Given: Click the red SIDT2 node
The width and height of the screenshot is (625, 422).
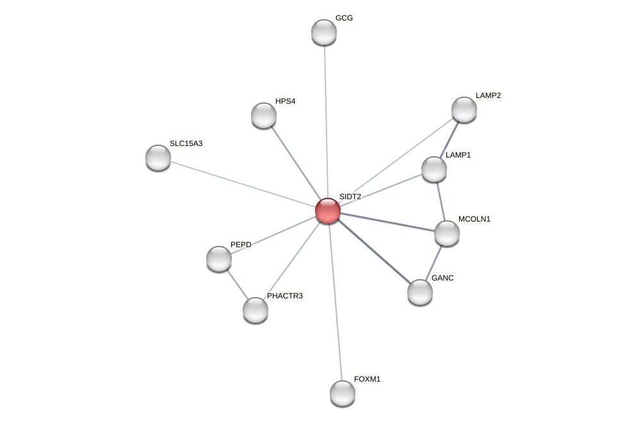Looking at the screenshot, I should click(x=328, y=211).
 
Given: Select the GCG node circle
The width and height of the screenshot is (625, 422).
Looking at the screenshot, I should click(x=324, y=32).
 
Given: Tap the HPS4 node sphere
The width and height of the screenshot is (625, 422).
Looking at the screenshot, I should click(x=264, y=115).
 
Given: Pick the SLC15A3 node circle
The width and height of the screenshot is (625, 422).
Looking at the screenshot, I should click(x=158, y=158).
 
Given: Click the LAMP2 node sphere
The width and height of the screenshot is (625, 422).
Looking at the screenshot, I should click(x=464, y=110).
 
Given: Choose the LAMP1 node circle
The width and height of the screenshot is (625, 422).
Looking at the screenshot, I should click(x=434, y=169).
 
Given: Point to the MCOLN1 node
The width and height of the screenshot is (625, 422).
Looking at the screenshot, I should click(x=447, y=233).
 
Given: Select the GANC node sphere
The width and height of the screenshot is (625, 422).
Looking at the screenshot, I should click(x=420, y=292).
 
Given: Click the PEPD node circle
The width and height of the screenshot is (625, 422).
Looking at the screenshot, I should click(x=219, y=259).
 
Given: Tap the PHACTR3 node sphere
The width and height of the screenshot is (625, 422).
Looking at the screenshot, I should click(x=256, y=310).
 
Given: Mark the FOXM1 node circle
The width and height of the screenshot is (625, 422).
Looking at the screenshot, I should click(x=343, y=393).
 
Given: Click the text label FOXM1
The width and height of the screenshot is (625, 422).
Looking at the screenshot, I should click(x=367, y=379).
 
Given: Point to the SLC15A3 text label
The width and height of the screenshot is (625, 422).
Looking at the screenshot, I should click(x=186, y=143).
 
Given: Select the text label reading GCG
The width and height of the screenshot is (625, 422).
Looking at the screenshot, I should click(x=344, y=18).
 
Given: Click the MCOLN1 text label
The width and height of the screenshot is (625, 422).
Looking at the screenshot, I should click(x=474, y=219).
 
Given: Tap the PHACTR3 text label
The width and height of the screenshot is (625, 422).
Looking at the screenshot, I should click(x=285, y=296).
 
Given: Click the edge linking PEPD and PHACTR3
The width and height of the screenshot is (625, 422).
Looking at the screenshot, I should click(x=237, y=284).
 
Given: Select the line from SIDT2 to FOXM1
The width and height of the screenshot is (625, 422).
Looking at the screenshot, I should click(x=335, y=301).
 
